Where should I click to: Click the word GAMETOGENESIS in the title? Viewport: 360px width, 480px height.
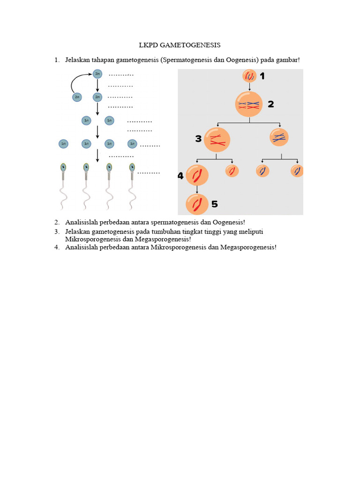pyautogui.click(x=190, y=45)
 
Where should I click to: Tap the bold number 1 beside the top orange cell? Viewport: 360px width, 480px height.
pyautogui.click(x=262, y=76)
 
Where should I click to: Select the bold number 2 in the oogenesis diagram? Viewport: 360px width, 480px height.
pyautogui.click(x=271, y=104)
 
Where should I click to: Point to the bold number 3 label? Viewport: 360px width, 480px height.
pyautogui.click(x=198, y=139)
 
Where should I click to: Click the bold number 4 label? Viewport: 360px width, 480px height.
pyautogui.click(x=180, y=176)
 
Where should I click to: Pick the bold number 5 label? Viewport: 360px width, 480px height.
pyautogui.click(x=214, y=204)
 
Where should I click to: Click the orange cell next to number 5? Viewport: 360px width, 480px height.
pyautogui.click(x=197, y=204)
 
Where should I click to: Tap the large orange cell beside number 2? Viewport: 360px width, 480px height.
pyautogui.click(x=249, y=104)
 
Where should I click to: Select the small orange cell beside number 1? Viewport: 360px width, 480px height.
pyautogui.click(x=249, y=76)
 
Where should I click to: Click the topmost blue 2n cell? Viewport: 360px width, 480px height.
pyautogui.click(x=97, y=74)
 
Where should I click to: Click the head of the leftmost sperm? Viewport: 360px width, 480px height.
pyautogui.click(x=63, y=166)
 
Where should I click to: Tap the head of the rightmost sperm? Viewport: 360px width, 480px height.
pyautogui.click(x=132, y=166)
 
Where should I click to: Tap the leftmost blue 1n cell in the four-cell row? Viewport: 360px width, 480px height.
pyautogui.click(x=63, y=143)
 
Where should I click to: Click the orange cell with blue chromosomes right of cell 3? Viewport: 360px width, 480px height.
pyautogui.click(x=279, y=137)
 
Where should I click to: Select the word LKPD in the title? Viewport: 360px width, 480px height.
pyautogui.click(x=149, y=45)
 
